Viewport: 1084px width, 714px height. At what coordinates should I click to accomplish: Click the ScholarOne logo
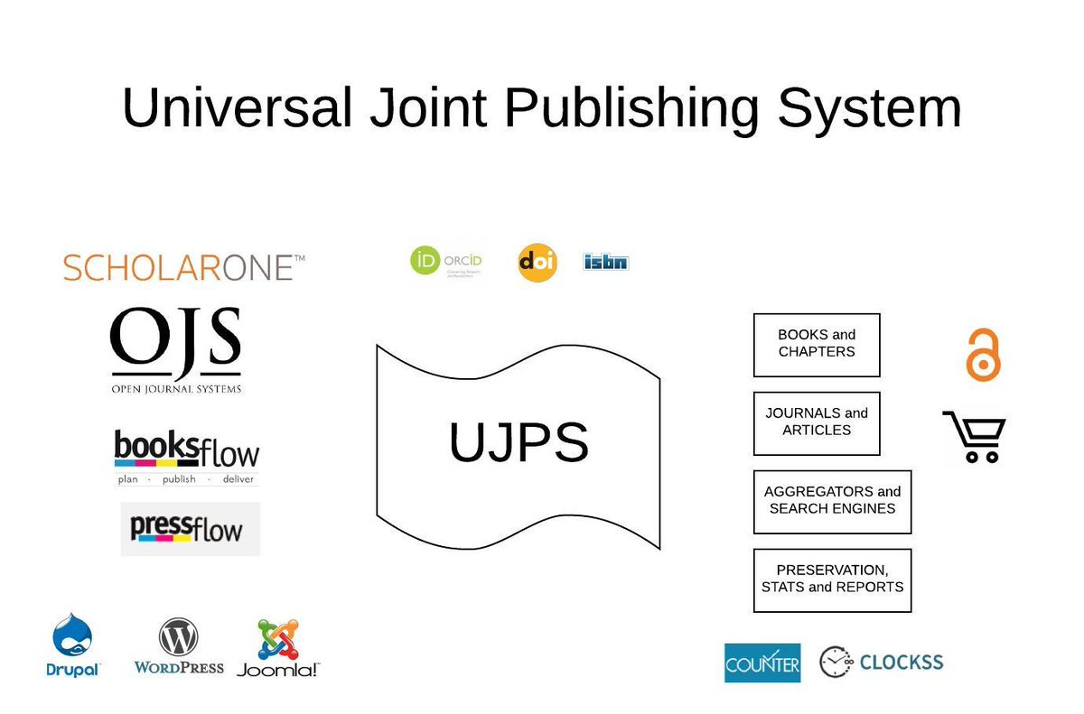(x=183, y=267)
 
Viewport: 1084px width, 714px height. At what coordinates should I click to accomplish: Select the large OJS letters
(x=175, y=343)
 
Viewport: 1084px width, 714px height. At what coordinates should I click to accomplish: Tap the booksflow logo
(x=186, y=457)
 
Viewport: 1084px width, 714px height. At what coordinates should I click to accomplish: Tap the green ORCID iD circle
(x=425, y=263)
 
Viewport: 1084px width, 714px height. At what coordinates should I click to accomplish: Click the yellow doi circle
(x=537, y=263)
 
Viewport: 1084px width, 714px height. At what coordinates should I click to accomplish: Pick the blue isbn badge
(x=606, y=263)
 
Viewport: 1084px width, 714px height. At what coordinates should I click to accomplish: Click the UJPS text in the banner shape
(x=519, y=443)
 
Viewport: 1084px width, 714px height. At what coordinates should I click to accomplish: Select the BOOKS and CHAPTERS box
(x=817, y=345)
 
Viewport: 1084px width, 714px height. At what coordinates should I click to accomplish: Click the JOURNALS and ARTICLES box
(x=817, y=422)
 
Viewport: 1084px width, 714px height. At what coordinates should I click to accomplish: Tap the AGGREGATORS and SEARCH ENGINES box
(x=832, y=501)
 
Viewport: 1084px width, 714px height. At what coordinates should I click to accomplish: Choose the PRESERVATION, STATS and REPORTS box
(x=832, y=580)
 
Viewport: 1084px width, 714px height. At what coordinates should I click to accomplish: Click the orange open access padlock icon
(x=984, y=354)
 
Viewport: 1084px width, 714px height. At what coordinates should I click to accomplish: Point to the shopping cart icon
(x=974, y=437)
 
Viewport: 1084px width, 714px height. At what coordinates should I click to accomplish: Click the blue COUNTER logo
(x=762, y=663)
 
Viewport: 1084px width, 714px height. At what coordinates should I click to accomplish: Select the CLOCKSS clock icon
(x=835, y=662)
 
